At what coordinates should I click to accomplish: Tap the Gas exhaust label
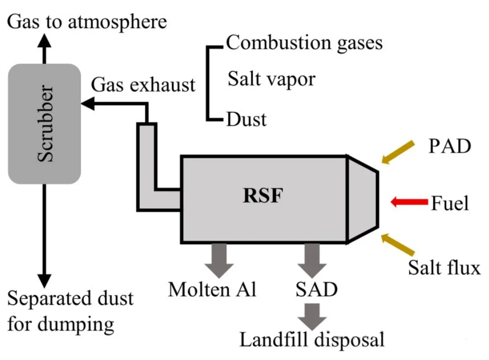143,85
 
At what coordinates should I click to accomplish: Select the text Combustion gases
304,43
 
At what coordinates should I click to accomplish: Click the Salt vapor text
272,79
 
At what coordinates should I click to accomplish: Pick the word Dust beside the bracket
246,119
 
